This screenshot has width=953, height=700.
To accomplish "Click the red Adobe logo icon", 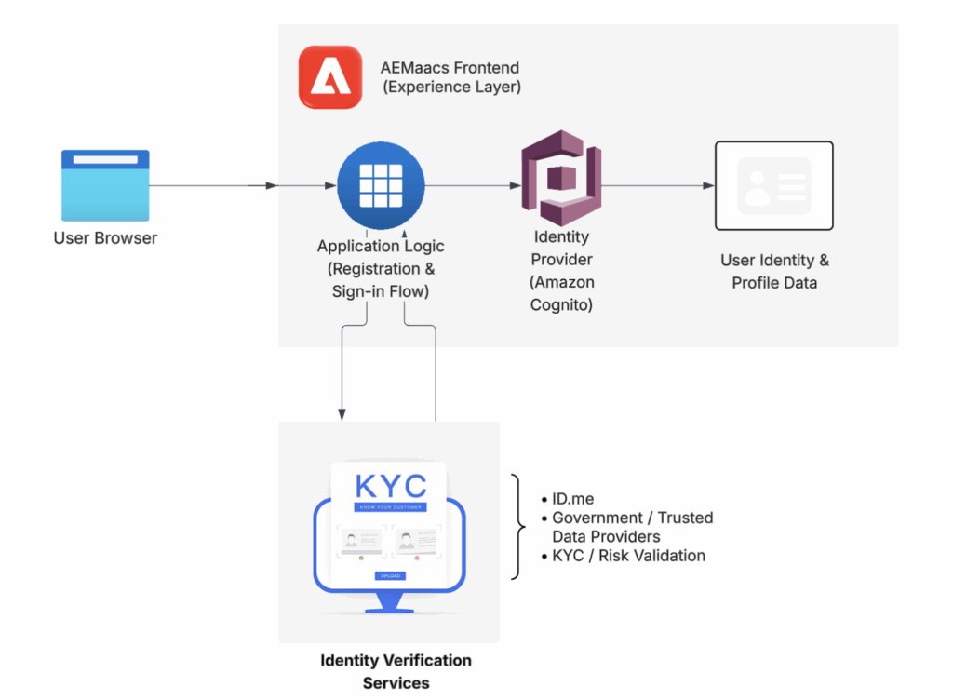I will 330,77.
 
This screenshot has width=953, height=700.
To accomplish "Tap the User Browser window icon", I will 105,184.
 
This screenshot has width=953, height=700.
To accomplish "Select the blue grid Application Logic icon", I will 380,185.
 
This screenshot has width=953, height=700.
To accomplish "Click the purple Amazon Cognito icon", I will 560,177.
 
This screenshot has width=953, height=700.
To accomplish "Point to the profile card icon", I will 773,185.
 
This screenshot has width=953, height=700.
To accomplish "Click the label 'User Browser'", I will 105,238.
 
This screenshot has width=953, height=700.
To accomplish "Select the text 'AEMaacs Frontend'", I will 450,68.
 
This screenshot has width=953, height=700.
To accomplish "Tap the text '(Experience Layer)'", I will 450,87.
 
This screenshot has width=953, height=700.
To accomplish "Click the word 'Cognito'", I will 561,304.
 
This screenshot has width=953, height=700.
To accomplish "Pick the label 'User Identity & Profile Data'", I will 774,271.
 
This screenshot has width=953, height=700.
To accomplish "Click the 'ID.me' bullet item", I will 572,499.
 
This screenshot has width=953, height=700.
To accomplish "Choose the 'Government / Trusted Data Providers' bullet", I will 632,527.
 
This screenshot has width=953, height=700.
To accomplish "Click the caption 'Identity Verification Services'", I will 396,671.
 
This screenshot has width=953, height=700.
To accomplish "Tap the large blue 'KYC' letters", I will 391,486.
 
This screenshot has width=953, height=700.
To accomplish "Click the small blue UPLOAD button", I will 390,576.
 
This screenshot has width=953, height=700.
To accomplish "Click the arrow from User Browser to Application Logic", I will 214,186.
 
